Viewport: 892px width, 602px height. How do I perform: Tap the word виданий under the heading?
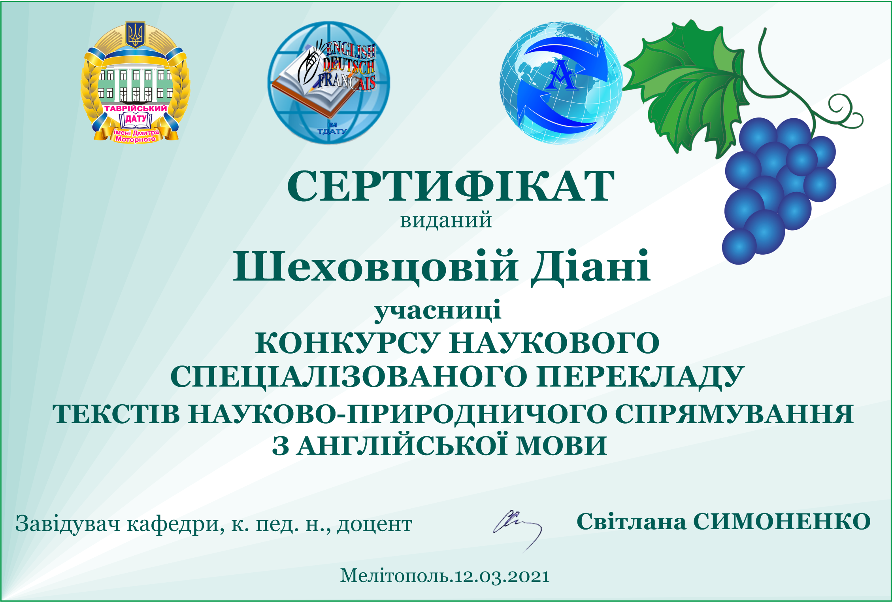[x=446, y=220]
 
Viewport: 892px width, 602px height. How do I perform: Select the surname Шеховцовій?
[x=375, y=267]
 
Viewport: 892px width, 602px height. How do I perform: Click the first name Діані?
[x=590, y=267]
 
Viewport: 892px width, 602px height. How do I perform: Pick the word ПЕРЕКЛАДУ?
[x=640, y=377]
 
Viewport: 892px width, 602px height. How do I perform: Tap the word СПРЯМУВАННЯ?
[x=734, y=414]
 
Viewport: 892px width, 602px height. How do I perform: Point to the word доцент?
[x=375, y=524]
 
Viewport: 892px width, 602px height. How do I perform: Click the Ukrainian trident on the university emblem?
[x=135, y=34]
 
